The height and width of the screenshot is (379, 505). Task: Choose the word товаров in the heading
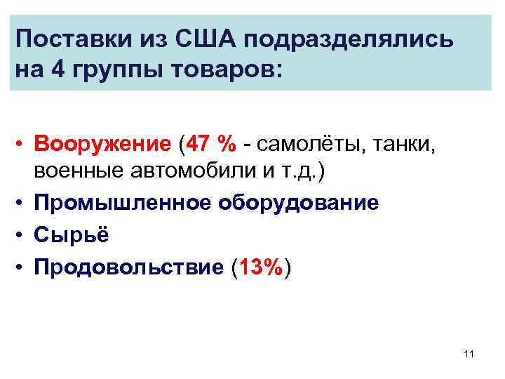click(x=225, y=72)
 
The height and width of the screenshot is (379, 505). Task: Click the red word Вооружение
click(x=104, y=145)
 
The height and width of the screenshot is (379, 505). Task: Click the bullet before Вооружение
click(x=22, y=145)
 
